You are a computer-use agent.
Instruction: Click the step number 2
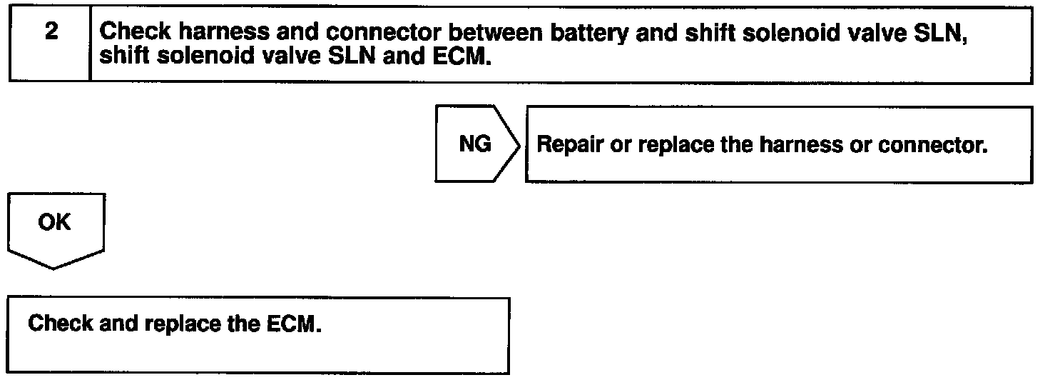point(51,31)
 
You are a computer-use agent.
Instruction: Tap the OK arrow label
point(54,222)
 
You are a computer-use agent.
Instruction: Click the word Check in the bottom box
point(60,324)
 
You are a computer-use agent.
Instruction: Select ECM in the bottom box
point(294,324)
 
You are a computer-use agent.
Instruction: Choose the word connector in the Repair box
point(933,144)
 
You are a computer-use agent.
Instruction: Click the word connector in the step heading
point(383,32)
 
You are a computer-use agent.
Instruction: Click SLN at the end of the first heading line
point(940,33)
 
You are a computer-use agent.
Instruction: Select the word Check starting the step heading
point(136,32)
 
